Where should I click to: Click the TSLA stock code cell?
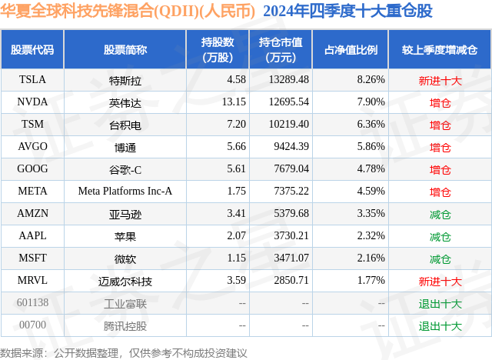(32, 79)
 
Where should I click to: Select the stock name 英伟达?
(125, 102)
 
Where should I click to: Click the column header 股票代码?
(32, 49)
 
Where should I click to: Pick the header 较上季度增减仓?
(440, 49)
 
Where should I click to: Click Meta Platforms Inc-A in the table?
(125, 191)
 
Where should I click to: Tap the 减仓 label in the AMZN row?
(440, 214)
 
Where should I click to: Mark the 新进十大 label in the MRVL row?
(440, 281)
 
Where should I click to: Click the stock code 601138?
(32, 303)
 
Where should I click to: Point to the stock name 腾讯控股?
(125, 325)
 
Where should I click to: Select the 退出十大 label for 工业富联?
(440, 303)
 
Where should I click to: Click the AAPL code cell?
(32, 236)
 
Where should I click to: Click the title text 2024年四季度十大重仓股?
(347, 11)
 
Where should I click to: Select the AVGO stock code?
(32, 146)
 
